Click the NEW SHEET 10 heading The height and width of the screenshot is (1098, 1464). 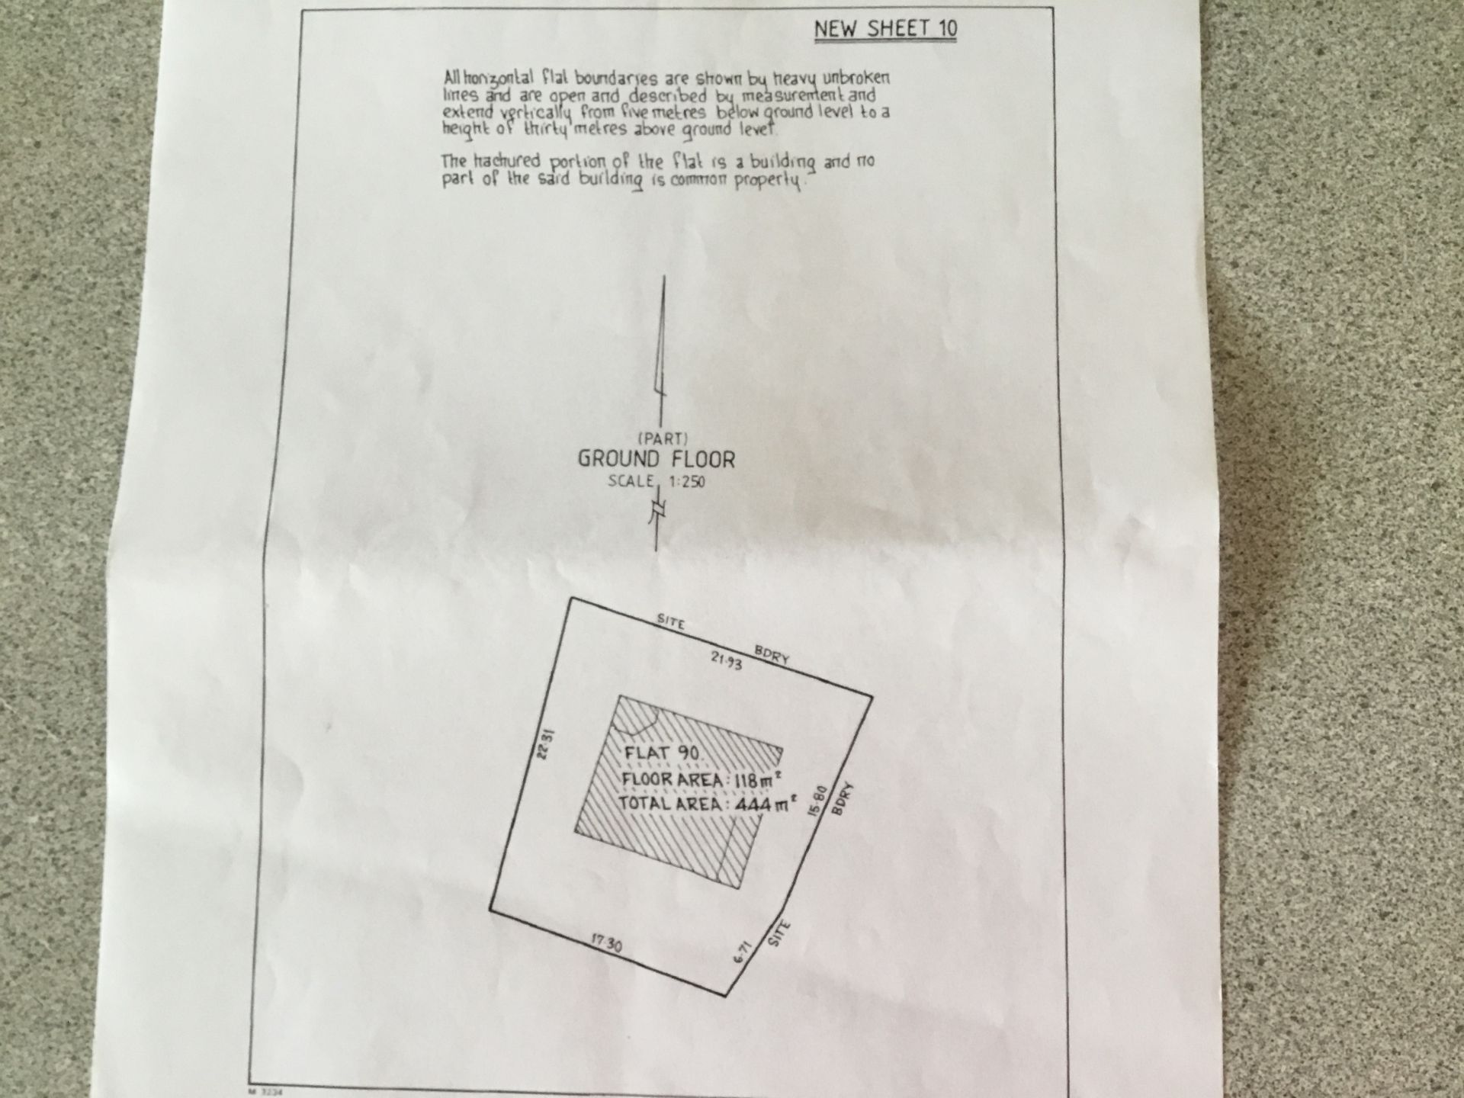885,29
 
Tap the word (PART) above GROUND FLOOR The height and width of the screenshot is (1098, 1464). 663,439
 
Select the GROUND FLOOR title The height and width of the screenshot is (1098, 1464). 657,459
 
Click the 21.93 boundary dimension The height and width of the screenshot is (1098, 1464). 726,661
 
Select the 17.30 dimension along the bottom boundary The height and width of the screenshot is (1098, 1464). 606,943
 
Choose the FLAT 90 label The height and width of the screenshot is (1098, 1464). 666,753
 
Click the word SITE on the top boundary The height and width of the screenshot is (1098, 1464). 671,622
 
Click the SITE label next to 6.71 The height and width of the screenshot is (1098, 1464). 779,934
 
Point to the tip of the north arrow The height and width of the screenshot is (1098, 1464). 664,275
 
